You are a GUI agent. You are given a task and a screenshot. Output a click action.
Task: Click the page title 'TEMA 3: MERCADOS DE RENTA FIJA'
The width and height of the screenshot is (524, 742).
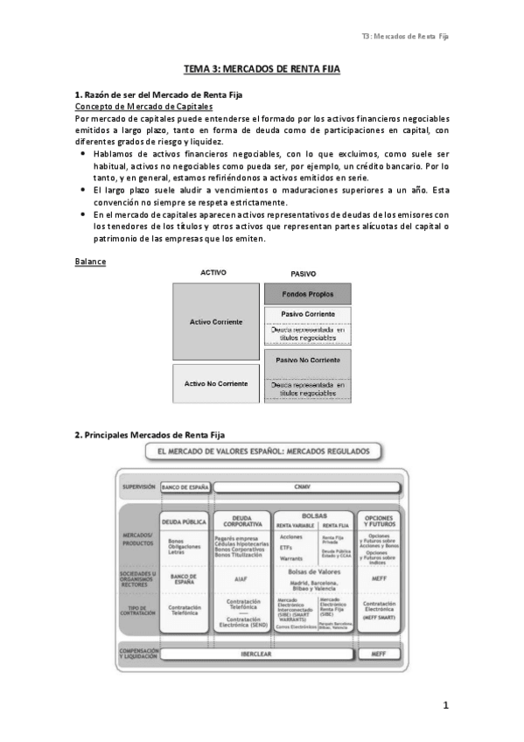(x=262, y=68)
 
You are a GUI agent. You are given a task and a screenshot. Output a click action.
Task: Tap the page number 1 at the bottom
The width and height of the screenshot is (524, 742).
(x=445, y=705)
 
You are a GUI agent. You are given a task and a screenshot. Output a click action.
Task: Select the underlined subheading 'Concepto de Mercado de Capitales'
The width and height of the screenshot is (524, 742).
(x=143, y=106)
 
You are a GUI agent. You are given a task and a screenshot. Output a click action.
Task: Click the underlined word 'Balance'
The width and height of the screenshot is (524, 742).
(x=90, y=261)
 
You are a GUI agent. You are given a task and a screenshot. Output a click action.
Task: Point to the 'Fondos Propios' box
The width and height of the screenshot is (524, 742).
(x=306, y=294)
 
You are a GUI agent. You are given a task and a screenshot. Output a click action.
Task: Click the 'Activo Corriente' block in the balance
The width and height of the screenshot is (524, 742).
(x=216, y=322)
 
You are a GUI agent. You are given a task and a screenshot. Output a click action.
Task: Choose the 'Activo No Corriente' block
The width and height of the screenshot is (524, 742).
(x=216, y=383)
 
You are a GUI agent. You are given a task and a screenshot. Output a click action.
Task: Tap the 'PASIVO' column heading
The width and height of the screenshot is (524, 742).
(x=303, y=273)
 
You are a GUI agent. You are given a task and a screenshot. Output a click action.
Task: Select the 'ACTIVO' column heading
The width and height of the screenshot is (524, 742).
(x=213, y=273)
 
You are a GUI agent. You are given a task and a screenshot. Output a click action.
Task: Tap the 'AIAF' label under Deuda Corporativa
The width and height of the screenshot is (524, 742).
(x=241, y=578)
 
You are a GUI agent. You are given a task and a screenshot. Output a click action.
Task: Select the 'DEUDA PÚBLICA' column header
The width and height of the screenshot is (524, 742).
(x=184, y=520)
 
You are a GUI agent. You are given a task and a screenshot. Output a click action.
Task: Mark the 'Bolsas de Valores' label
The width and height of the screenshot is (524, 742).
(x=302, y=571)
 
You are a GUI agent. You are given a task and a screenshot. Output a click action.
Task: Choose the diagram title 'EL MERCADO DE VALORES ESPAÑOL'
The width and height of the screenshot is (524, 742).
(x=262, y=452)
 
